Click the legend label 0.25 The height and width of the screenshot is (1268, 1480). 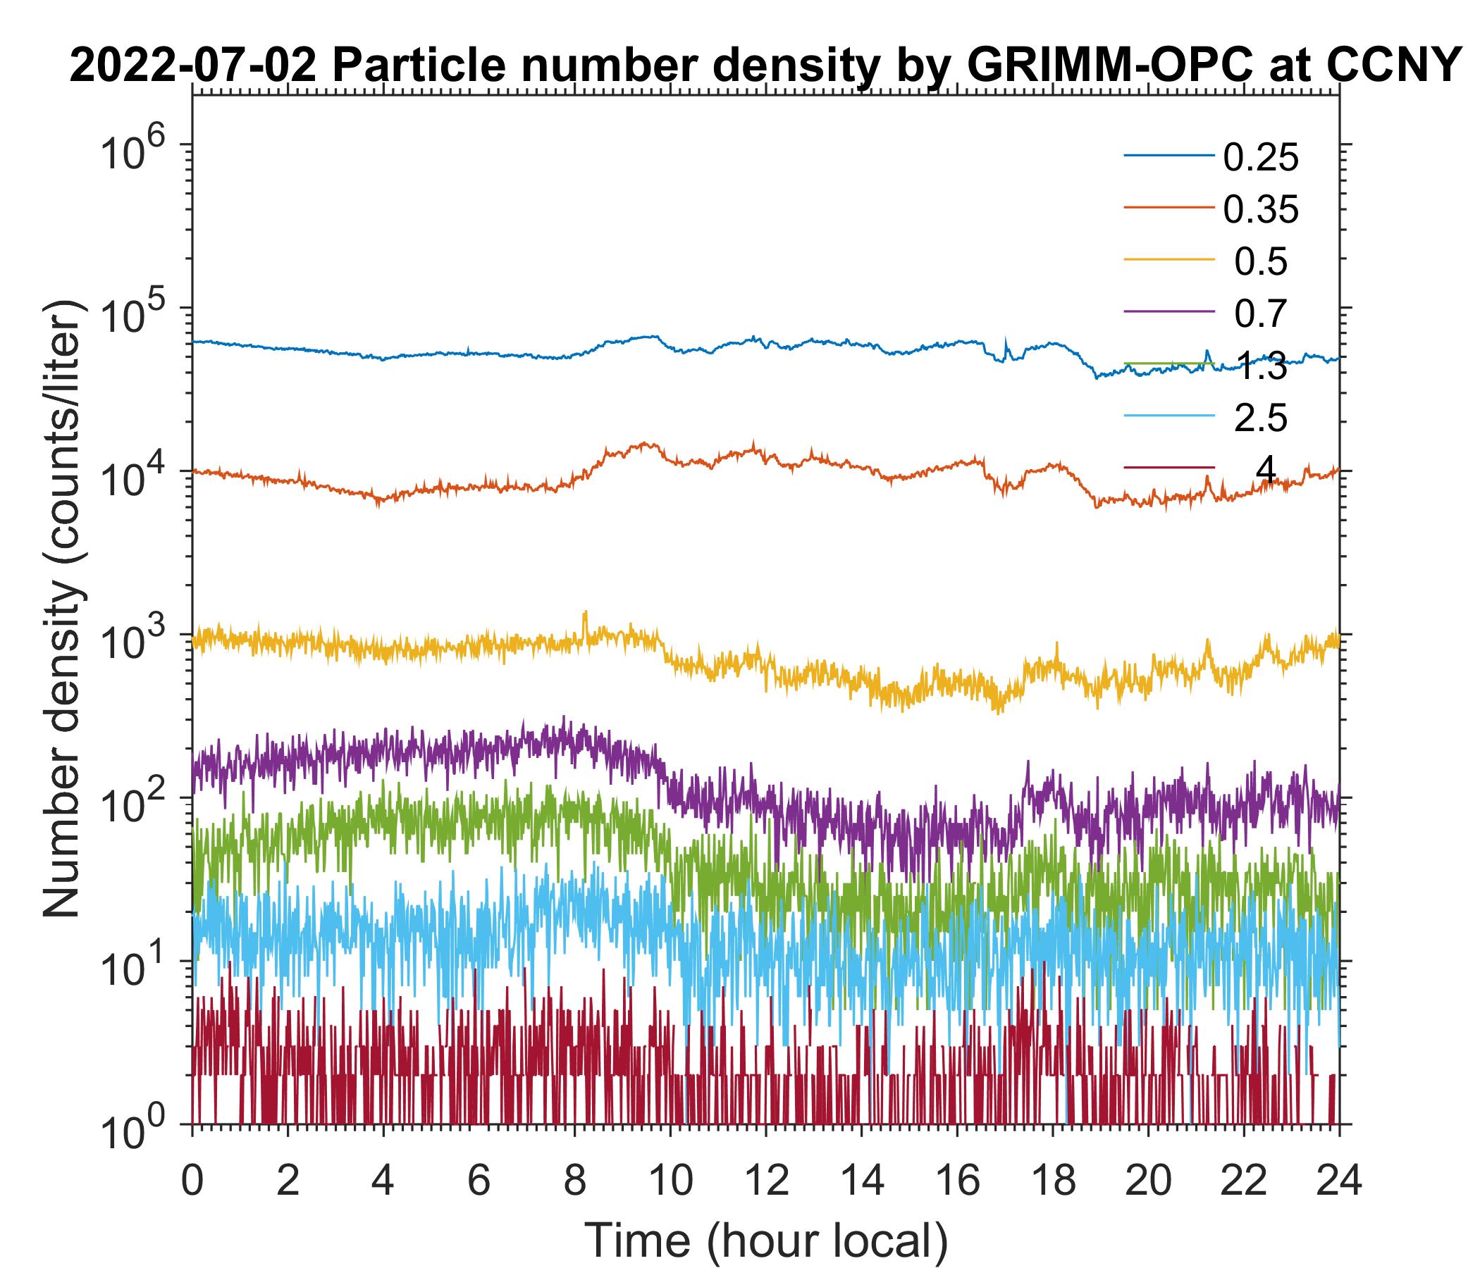(1261, 158)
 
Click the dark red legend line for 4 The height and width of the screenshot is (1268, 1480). (1169, 468)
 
